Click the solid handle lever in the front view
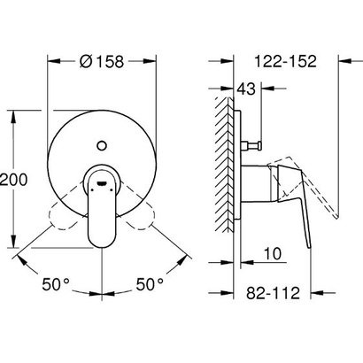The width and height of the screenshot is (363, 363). coord(104,212)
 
